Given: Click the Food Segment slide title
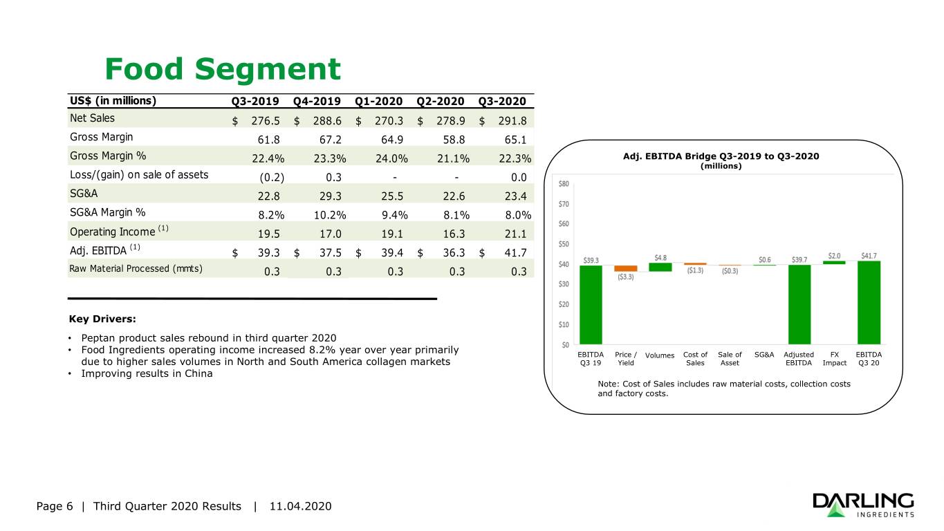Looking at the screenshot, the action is pyautogui.click(x=223, y=68).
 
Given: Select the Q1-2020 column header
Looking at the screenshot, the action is pyautogui.click(x=378, y=101).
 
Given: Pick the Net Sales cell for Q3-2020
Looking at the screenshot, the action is pyautogui.click(x=503, y=121).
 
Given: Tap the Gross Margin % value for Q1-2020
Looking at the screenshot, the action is pyautogui.click(x=391, y=158).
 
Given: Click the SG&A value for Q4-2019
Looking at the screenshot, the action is pyautogui.click(x=330, y=196).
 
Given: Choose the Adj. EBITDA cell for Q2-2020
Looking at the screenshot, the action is pyautogui.click(x=441, y=252).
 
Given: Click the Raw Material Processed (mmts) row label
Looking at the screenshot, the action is pyautogui.click(x=136, y=268).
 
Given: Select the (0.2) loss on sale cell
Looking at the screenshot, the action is pyautogui.click(x=272, y=178).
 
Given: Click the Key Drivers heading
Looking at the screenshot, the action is pyautogui.click(x=102, y=319).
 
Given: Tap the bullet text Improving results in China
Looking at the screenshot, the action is pyautogui.click(x=147, y=373).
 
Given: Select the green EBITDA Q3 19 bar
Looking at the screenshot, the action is pyautogui.click(x=591, y=305).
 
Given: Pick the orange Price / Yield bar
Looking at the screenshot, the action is pyautogui.click(x=625, y=268).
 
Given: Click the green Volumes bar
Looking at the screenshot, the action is pyautogui.click(x=660, y=267).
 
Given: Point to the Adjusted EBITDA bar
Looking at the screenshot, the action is pyautogui.click(x=799, y=304).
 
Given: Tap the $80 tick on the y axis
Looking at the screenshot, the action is pyautogui.click(x=564, y=184).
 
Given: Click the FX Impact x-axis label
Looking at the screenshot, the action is pyautogui.click(x=834, y=359).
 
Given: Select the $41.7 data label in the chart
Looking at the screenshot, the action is pyautogui.click(x=869, y=256).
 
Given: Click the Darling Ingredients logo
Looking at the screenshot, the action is pyautogui.click(x=863, y=505).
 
